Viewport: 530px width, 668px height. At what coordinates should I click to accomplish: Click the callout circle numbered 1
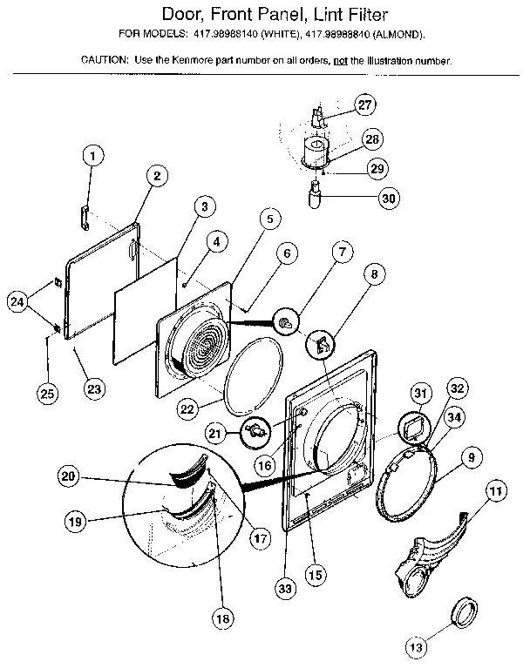point(92,158)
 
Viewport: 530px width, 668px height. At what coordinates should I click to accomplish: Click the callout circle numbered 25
point(48,394)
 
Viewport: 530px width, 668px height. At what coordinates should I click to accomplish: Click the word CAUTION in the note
point(105,61)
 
